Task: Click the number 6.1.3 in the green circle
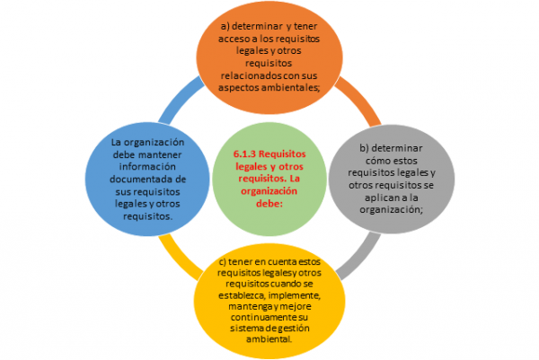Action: pos(245,154)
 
